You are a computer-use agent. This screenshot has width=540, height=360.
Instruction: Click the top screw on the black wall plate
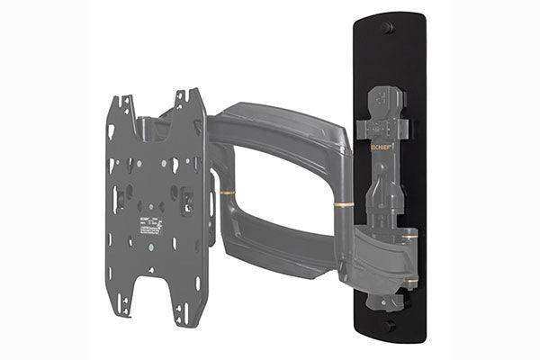[388, 28]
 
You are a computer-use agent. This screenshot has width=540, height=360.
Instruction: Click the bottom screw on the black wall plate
[389, 327]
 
